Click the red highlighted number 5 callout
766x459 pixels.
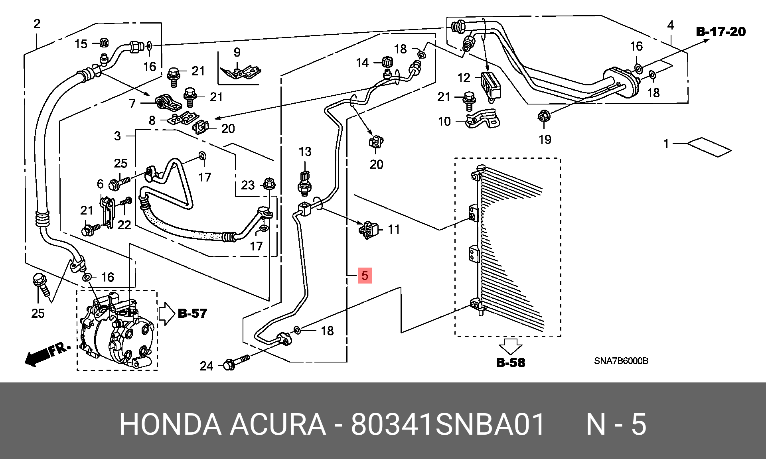(x=365, y=275)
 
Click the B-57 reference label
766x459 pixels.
(x=193, y=313)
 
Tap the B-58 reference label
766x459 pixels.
(x=511, y=362)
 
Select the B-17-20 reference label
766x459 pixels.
(x=721, y=32)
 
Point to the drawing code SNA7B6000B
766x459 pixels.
(x=621, y=361)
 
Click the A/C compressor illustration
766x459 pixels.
(x=116, y=329)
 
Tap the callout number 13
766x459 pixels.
(x=305, y=152)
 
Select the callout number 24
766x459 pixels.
(x=206, y=366)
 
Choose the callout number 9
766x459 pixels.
(x=237, y=52)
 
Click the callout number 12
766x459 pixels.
(x=464, y=78)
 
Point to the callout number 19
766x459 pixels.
(x=545, y=140)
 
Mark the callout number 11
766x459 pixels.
(x=394, y=229)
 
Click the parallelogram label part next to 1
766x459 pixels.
(x=709, y=147)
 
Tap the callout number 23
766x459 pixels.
(x=248, y=185)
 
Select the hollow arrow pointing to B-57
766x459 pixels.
(x=167, y=314)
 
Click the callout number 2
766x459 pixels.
(x=37, y=24)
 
